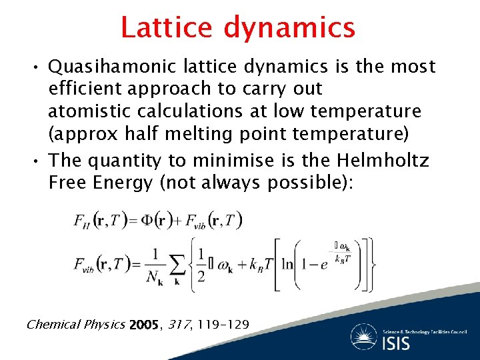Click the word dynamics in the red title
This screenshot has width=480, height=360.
(289, 28)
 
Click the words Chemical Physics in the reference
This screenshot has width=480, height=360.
(75, 325)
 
